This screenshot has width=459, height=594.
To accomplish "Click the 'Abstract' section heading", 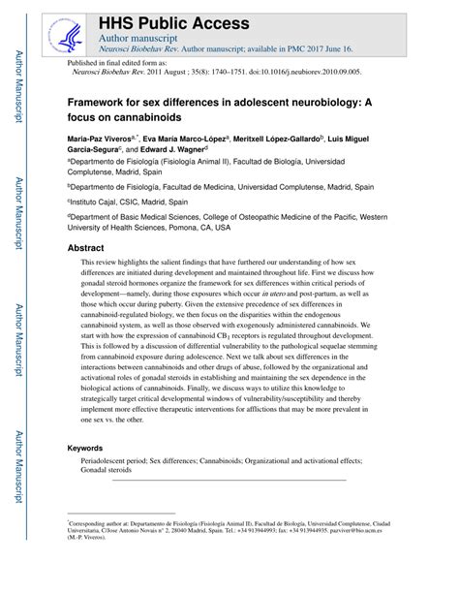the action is coord(85,249).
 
